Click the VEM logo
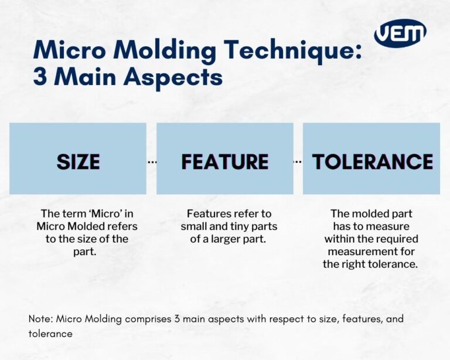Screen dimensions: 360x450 click(x=400, y=34)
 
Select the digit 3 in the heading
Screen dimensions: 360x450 click(x=41, y=77)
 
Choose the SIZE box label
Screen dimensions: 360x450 click(x=78, y=162)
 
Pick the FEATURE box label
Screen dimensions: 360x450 click(x=224, y=162)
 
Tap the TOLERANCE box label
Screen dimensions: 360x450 click(x=372, y=162)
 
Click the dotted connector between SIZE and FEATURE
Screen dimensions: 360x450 click(x=152, y=161)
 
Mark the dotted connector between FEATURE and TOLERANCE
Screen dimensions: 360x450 click(x=298, y=161)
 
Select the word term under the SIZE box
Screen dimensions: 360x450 click(x=71, y=213)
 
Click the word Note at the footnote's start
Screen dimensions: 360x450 click(x=39, y=319)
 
